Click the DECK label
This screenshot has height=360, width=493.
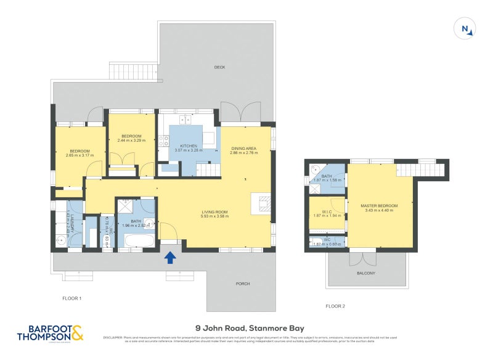tap(219, 67)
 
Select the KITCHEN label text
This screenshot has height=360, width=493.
tap(188, 146)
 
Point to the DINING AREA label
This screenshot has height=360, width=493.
tap(243, 148)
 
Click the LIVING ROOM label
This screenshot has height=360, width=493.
tap(215, 212)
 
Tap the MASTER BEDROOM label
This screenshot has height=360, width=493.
tap(379, 206)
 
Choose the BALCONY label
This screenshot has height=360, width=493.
tap(365, 273)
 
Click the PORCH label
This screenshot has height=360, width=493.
tap(243, 284)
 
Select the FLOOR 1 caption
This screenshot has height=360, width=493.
tap(72, 298)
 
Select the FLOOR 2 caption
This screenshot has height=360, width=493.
tap(335, 306)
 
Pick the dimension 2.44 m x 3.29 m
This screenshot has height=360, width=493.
tap(131, 141)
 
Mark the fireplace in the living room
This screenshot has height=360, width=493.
tap(261, 205)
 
